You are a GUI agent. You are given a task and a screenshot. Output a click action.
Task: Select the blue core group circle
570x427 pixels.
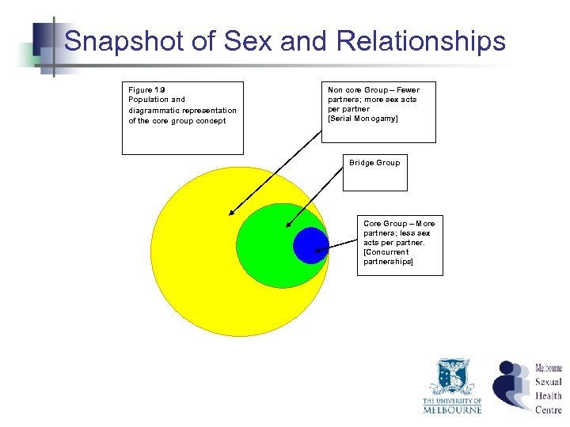tap(310, 245)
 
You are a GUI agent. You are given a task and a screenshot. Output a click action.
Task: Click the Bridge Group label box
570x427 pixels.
tap(374, 172)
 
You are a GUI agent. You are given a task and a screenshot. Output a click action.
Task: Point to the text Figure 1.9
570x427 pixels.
tap(146, 90)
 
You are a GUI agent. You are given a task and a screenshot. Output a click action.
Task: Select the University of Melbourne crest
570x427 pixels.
tap(452, 378)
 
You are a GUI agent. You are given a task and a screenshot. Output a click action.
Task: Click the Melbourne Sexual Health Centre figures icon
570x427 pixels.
tap(511, 385)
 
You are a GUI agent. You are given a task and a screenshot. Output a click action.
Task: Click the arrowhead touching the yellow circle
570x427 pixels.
tap(231, 213)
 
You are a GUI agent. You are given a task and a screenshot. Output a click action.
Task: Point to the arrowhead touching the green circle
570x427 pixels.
tap(287, 226)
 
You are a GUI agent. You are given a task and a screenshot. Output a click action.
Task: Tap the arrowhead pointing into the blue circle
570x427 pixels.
tap(317, 251)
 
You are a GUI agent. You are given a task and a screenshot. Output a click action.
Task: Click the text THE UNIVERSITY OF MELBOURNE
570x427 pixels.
tap(452, 405)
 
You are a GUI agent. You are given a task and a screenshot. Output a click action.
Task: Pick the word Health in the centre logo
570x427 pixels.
tap(548, 395)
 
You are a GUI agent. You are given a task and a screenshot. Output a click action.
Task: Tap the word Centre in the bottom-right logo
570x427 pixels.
tap(548, 410)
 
